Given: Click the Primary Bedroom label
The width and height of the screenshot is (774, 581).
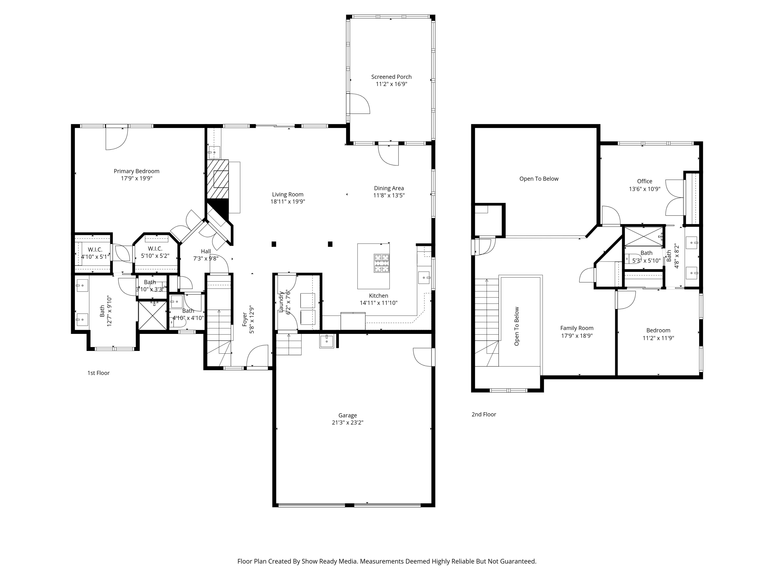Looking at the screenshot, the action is (x=136, y=171).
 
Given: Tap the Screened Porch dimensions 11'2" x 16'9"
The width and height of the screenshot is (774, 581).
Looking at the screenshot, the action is (x=392, y=84).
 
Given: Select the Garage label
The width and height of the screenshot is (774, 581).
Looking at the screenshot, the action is (x=348, y=415).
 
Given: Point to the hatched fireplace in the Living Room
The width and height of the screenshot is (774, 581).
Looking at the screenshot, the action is (x=218, y=180).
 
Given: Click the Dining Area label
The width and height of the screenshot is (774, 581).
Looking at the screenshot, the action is (x=389, y=189).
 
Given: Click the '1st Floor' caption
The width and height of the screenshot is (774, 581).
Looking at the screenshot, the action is (x=98, y=373).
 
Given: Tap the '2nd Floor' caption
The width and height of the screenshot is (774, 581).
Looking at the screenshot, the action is (x=484, y=414).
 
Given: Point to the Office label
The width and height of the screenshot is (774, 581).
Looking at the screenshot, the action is (x=644, y=182).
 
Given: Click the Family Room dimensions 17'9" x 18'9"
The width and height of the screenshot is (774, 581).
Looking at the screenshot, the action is (x=577, y=335).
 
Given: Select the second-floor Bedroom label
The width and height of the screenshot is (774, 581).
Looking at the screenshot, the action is (x=658, y=330).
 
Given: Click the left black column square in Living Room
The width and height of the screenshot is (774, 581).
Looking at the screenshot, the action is (x=274, y=244).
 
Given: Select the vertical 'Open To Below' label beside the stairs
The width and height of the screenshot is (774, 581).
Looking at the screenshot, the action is (x=517, y=326).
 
